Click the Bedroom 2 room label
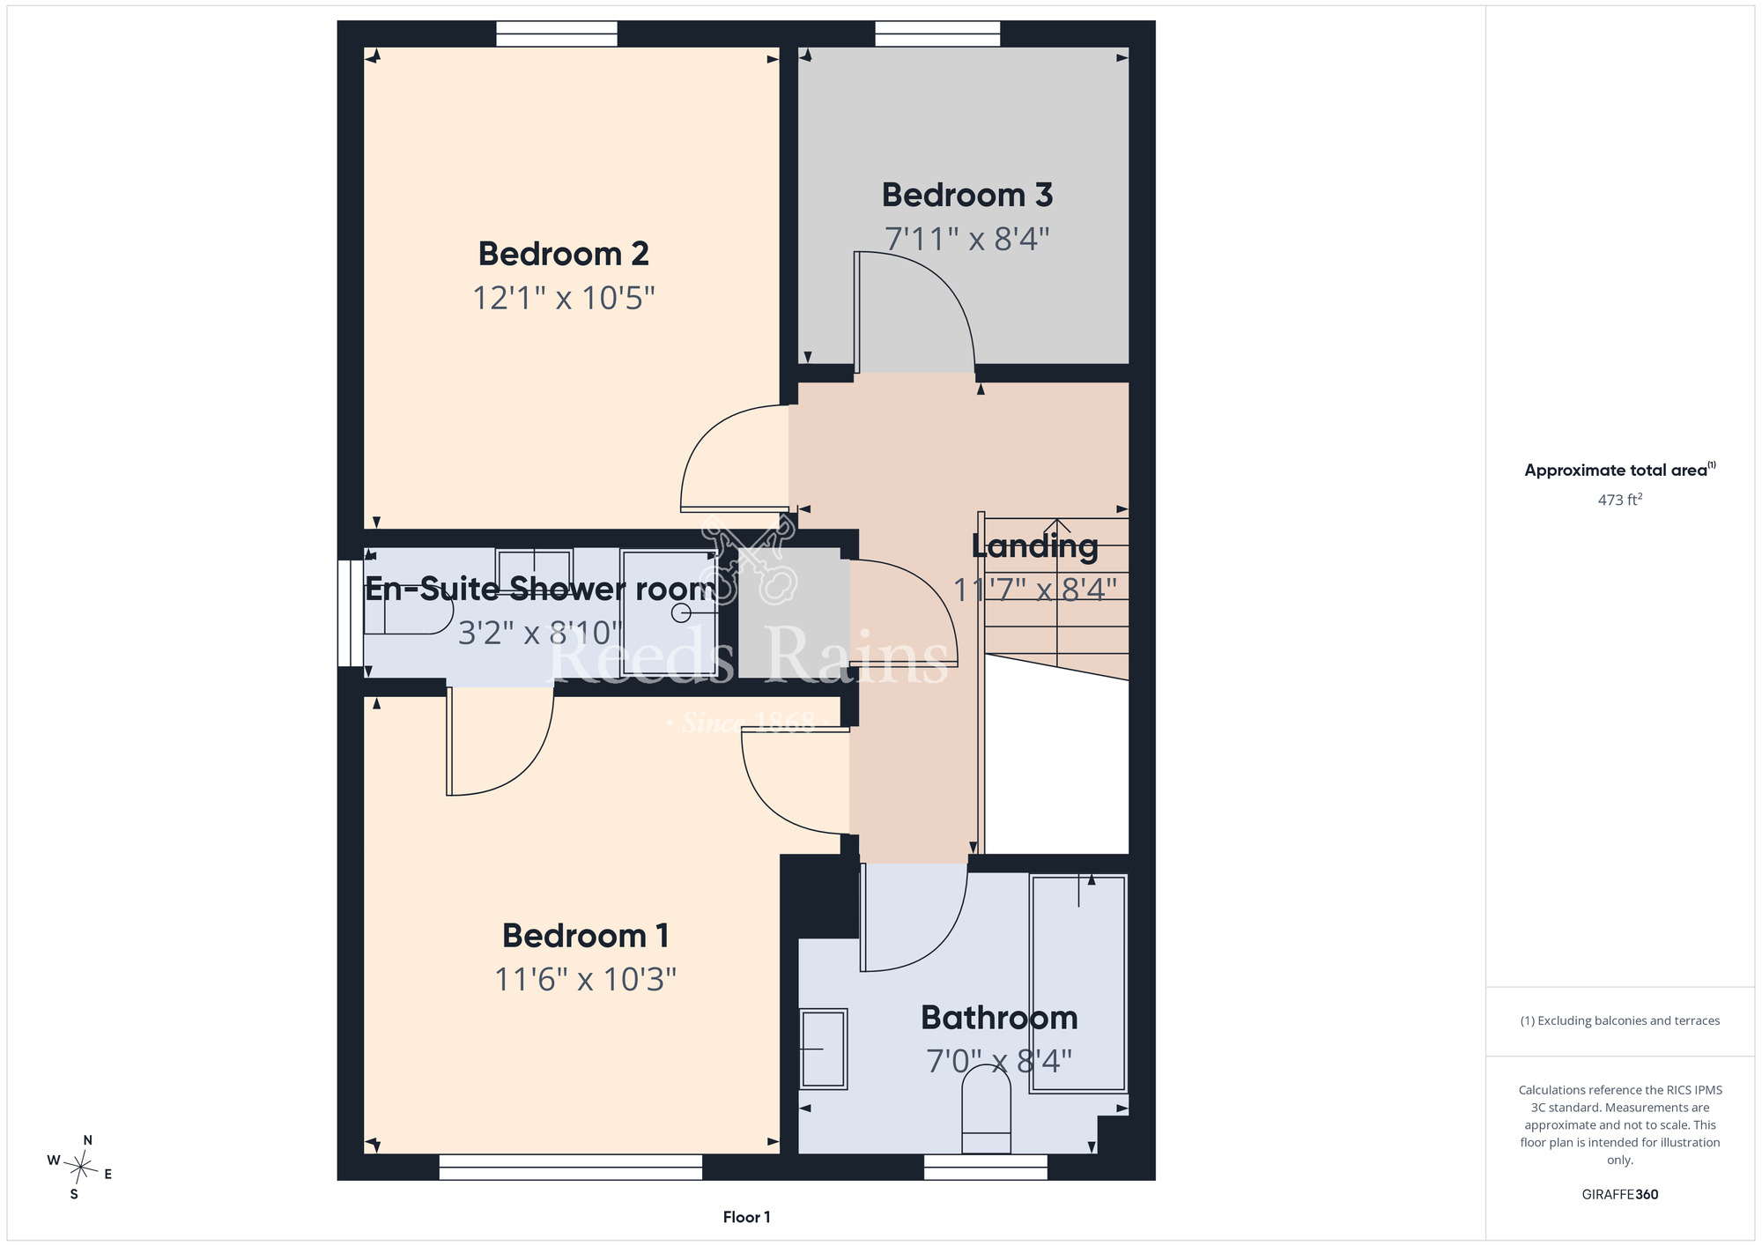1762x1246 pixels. (x=564, y=254)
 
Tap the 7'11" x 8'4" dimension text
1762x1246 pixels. (x=967, y=239)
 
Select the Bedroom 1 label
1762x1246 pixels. (x=586, y=936)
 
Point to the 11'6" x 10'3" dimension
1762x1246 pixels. (x=586, y=979)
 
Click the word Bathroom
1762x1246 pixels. (x=999, y=1018)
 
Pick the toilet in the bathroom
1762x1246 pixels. (x=986, y=1109)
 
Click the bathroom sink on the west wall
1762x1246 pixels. (x=824, y=1049)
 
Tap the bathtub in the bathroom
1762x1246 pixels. (x=1078, y=983)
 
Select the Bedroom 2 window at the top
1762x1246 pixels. (x=557, y=33)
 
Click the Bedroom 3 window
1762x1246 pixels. (x=937, y=33)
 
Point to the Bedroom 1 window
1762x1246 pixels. (x=571, y=1168)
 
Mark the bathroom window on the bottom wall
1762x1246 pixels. (x=986, y=1168)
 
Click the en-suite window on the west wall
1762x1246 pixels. (x=351, y=613)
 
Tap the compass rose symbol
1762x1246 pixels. (x=81, y=1168)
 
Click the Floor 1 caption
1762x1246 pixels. (x=746, y=1217)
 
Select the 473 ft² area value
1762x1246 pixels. (x=1620, y=500)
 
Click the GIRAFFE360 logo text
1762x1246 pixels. (x=1620, y=1195)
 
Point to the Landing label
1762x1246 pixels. (x=1035, y=547)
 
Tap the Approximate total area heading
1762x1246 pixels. (x=1620, y=470)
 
